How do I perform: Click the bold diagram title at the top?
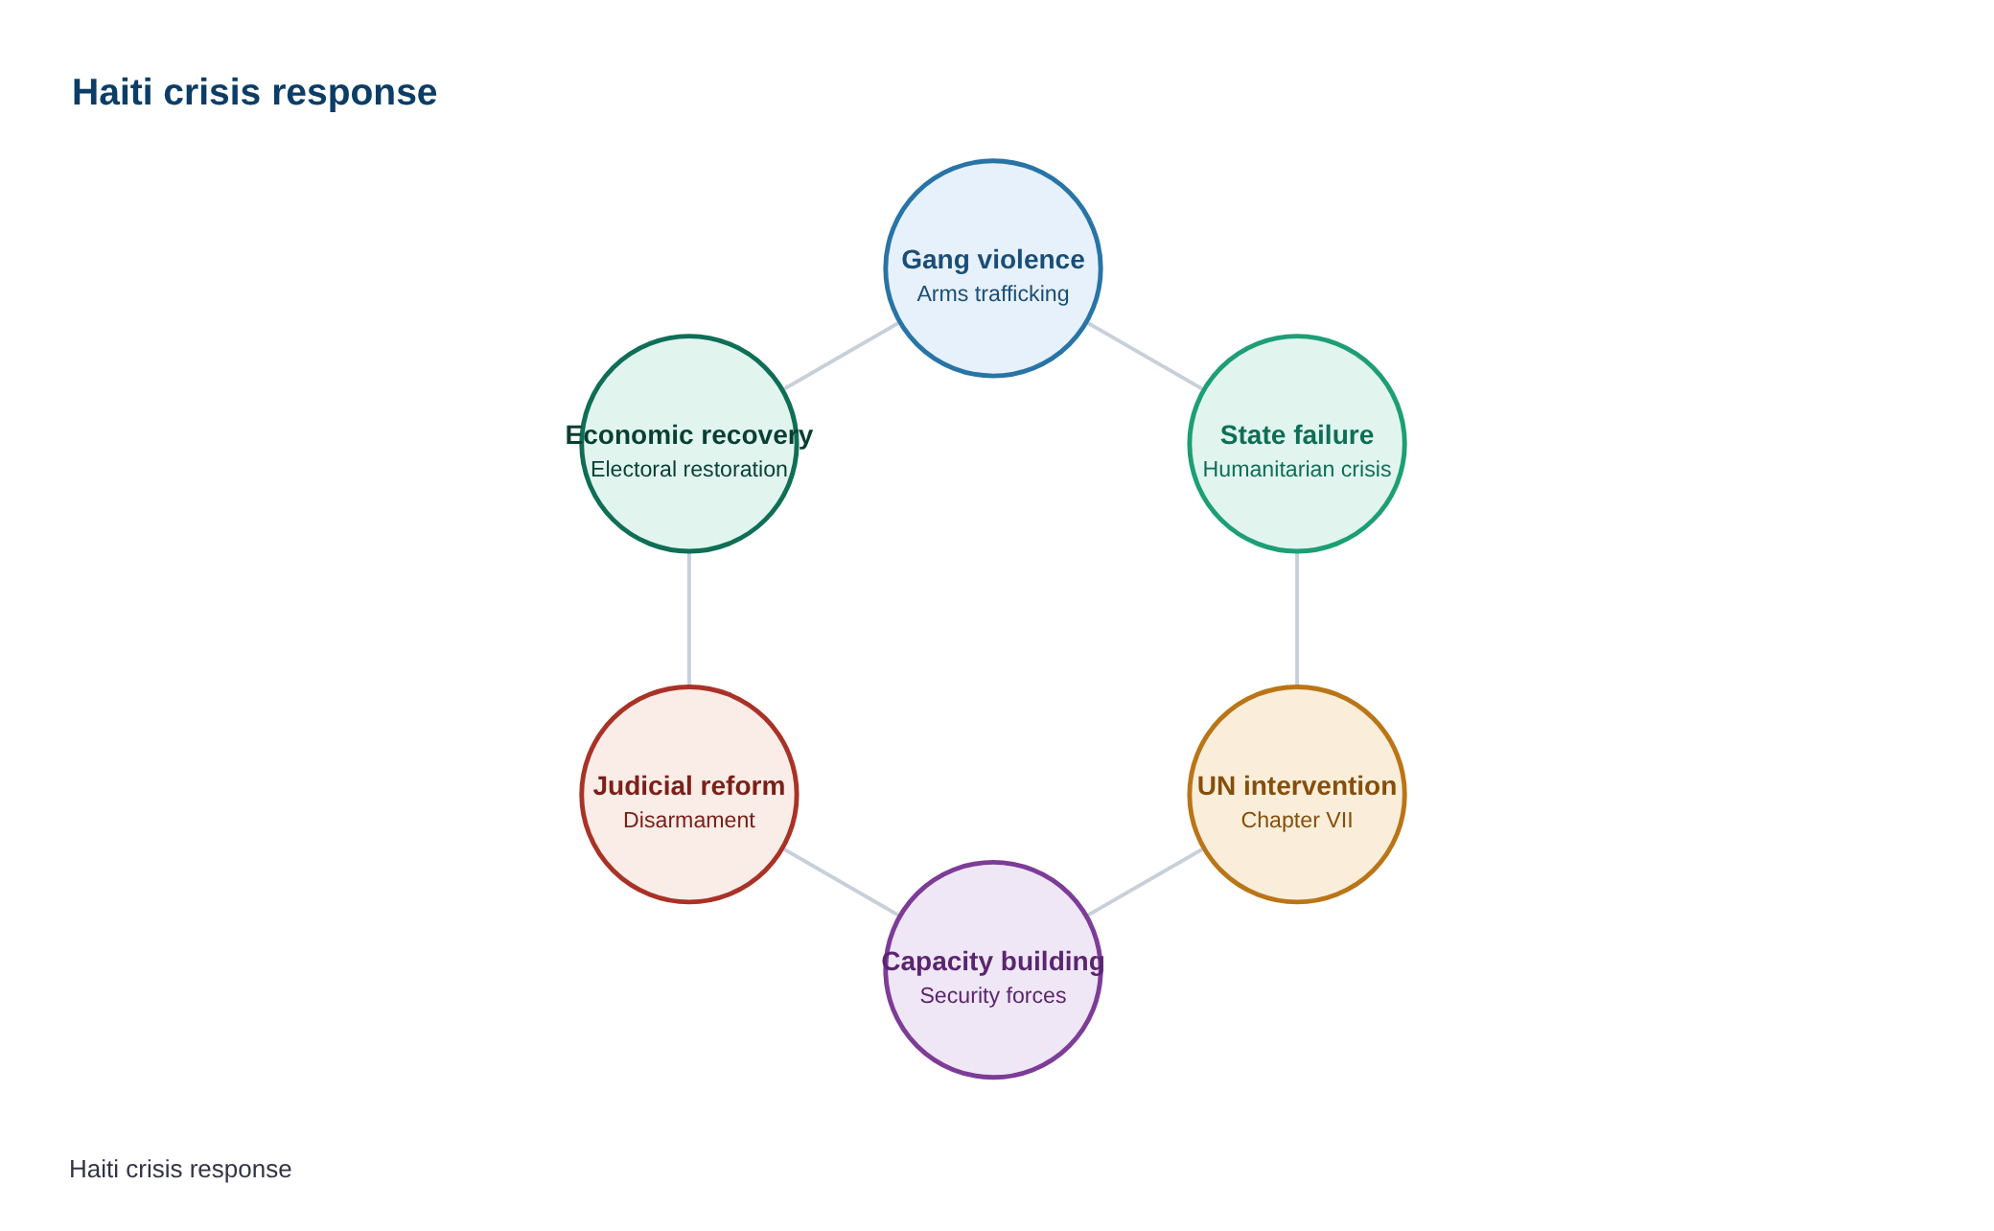(x=254, y=93)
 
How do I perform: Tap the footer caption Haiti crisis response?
(x=180, y=1170)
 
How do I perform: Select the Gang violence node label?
(x=993, y=260)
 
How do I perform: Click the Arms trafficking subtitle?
(x=993, y=293)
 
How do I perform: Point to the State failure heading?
(x=1297, y=435)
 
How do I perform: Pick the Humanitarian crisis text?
(x=1297, y=469)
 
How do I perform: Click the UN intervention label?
(x=1297, y=786)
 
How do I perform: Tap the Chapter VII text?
(x=1297, y=820)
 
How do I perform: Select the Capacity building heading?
(x=993, y=962)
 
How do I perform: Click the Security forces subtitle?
(x=993, y=995)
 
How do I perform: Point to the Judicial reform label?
(x=689, y=786)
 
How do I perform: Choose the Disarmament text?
(x=689, y=820)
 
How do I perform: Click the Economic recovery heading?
(x=689, y=435)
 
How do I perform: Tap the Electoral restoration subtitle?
(x=689, y=469)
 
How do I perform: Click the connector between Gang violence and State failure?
(x=1145, y=356)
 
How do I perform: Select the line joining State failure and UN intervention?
(x=1297, y=619)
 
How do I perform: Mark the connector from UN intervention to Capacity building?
(x=1145, y=882)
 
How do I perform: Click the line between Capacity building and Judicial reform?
(x=841, y=882)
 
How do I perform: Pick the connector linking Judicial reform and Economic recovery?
(x=689, y=619)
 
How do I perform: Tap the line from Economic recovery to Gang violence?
(x=841, y=356)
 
